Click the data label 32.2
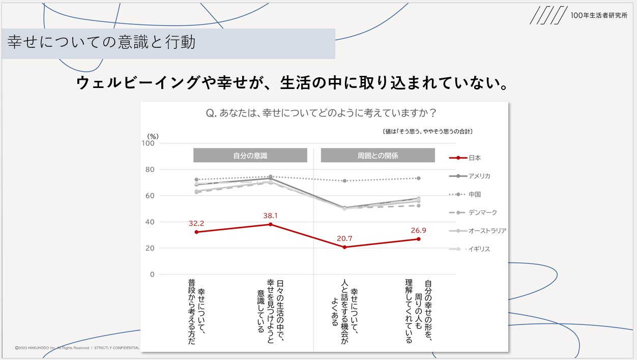(196, 223)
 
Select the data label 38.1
(270, 216)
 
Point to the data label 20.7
(344, 238)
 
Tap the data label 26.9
(418, 230)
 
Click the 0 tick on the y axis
(151, 275)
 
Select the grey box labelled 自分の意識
(250, 155)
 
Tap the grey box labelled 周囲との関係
(378, 155)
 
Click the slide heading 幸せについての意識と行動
(102, 43)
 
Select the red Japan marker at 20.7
(344, 247)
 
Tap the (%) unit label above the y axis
(153, 136)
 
